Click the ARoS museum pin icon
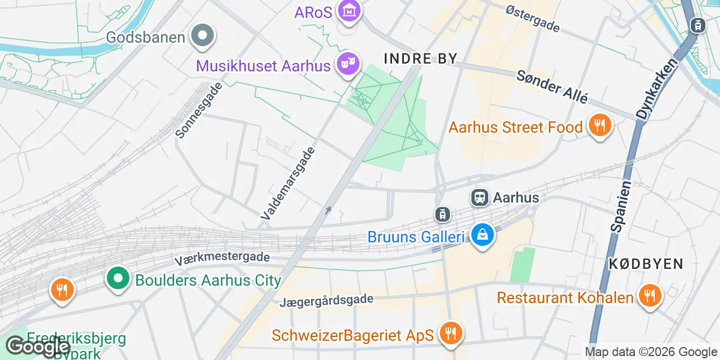coord(349,11)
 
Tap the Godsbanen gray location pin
coord(202,37)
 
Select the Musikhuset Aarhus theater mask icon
coord(348,64)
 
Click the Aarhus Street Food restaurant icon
coord(600,126)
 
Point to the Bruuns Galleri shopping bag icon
coord(482,235)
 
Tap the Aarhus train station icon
coord(480,197)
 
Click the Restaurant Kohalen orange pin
coord(650,296)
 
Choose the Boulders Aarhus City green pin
coord(118,279)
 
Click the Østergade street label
coord(533,18)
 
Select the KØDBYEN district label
coord(646,264)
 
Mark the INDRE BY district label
coord(421,58)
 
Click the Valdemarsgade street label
coord(289,183)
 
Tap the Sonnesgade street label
coord(199,111)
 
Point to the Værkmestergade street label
coord(222,259)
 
